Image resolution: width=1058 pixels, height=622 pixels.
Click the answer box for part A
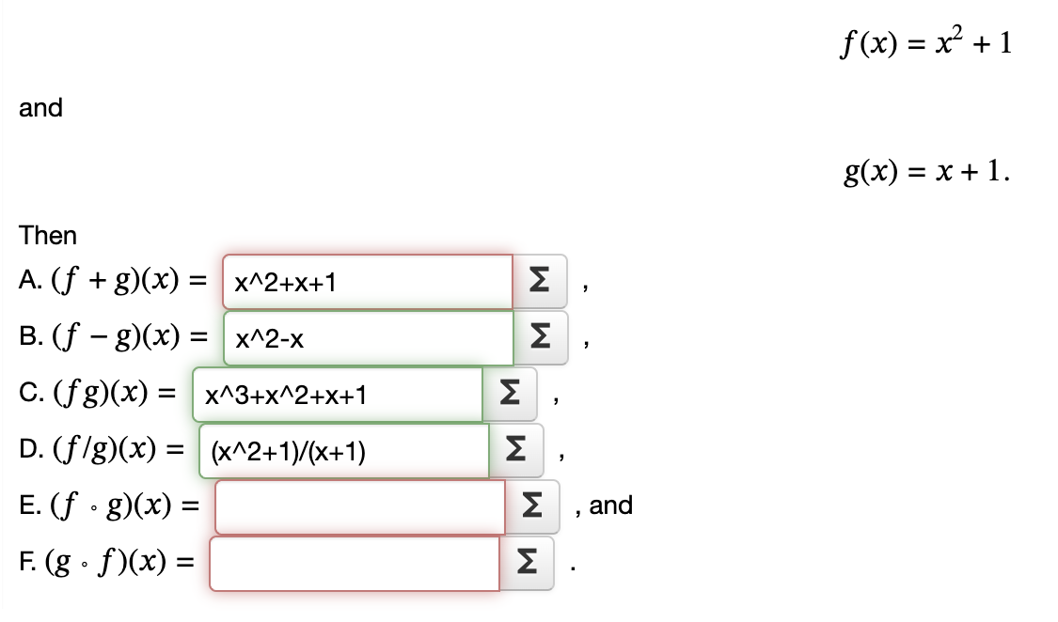point(368,282)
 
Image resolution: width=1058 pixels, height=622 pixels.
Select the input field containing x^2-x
point(368,339)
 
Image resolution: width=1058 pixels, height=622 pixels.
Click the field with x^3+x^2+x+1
point(338,396)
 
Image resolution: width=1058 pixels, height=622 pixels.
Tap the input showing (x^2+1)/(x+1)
point(343,452)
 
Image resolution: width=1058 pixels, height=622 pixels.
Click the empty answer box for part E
point(361,507)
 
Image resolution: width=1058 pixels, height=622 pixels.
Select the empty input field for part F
point(355,564)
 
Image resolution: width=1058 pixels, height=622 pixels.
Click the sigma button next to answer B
point(541,339)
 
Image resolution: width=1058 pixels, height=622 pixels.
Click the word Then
point(48,235)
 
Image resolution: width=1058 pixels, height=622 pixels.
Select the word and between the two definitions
point(40,108)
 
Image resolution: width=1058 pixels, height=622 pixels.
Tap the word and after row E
point(611,505)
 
